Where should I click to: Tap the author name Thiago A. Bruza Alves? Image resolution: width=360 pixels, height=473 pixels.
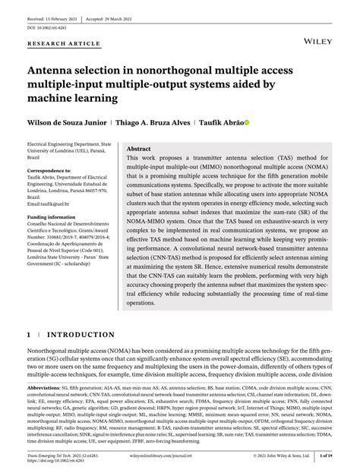coord(153,121)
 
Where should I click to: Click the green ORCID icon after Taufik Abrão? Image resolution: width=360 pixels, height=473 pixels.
coord(245,121)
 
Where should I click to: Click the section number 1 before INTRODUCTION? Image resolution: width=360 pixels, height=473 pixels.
coord(29,334)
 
